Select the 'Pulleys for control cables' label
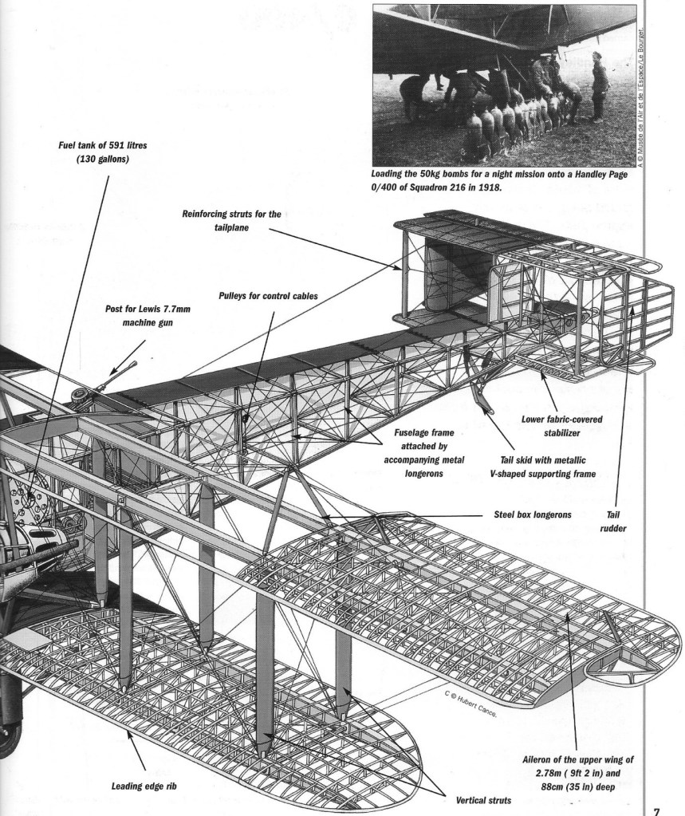click(x=269, y=294)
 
